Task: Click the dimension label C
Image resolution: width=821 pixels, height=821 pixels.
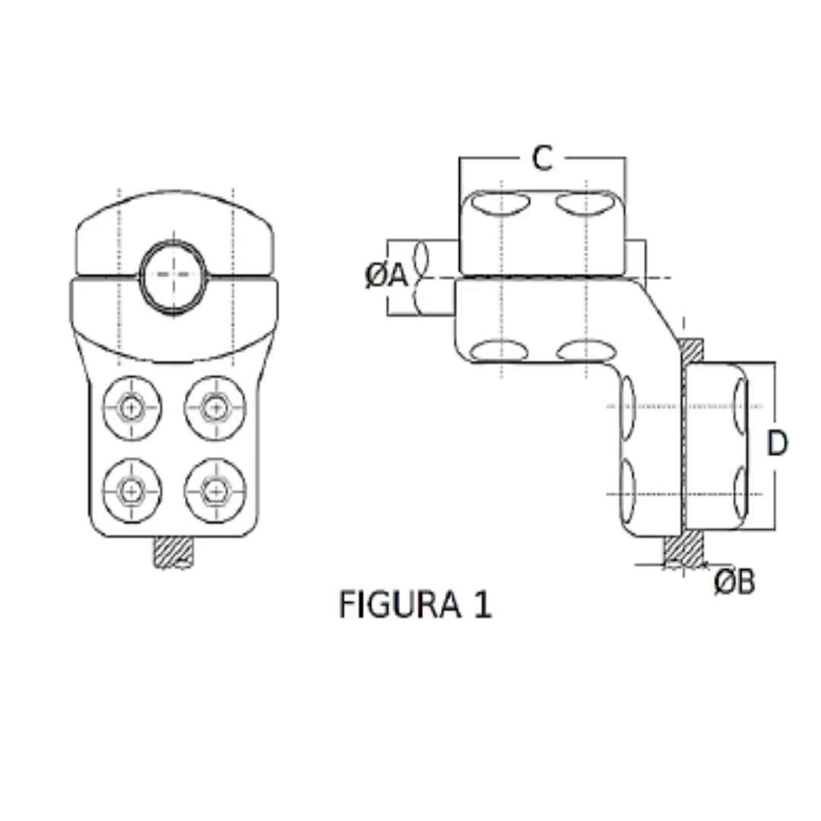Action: [541, 159]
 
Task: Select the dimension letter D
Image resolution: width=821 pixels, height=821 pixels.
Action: [776, 444]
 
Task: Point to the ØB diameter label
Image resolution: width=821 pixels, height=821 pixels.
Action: [734, 582]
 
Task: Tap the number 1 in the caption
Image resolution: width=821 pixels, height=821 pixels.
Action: [482, 605]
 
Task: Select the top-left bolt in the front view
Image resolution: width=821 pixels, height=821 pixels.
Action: [132, 407]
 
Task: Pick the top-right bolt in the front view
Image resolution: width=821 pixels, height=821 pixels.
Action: [215, 407]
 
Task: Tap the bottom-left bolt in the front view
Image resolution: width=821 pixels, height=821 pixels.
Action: [132, 490]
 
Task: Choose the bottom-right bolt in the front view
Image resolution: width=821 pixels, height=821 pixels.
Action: [215, 490]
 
